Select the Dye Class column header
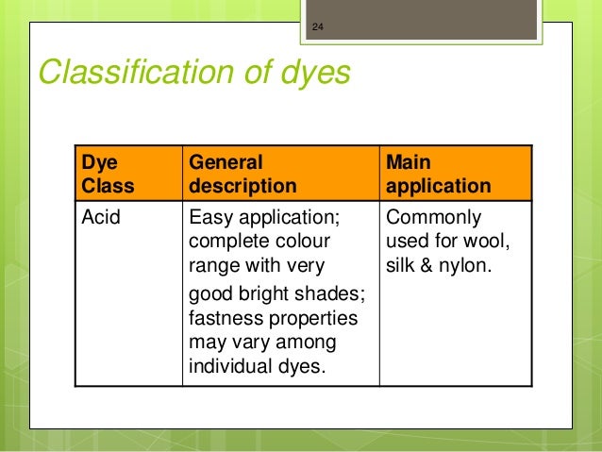click(x=109, y=175)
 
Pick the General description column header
click(x=242, y=175)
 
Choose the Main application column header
click(x=438, y=175)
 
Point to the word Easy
click(x=211, y=220)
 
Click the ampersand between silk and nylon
click(x=426, y=267)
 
